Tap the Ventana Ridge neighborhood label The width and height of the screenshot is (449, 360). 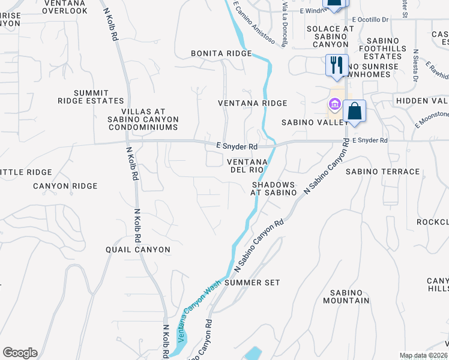(x=252, y=103)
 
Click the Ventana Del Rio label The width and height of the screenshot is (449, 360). (x=247, y=166)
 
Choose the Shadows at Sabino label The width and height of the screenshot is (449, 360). (x=274, y=188)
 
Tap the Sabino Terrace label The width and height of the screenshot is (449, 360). (x=382, y=172)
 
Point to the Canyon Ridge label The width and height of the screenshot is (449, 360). (x=65, y=186)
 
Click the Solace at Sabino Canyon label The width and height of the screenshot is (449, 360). (x=330, y=37)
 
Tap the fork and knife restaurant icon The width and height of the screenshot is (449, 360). (x=336, y=65)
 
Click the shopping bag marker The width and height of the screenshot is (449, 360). (x=355, y=112)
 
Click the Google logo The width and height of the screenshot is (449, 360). (x=20, y=353)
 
